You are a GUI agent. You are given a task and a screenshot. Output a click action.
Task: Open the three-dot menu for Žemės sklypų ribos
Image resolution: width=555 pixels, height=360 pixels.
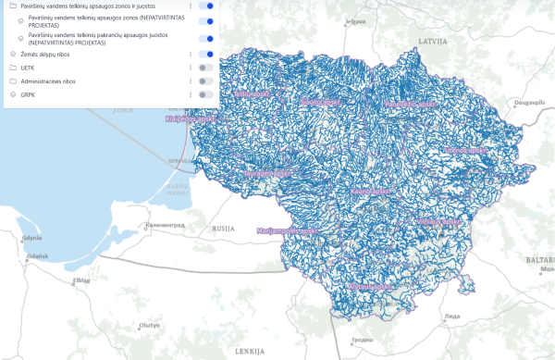click(x=191, y=55)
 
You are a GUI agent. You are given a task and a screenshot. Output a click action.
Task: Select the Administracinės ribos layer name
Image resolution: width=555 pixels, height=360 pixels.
click(x=48, y=81)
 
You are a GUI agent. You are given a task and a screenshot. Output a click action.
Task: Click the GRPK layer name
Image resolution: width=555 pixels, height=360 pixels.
click(x=30, y=94)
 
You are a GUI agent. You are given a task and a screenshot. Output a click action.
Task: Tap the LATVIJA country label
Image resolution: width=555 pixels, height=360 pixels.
click(x=432, y=43)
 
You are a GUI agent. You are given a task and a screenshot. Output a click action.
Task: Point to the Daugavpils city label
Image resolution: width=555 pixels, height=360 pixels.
click(x=528, y=94)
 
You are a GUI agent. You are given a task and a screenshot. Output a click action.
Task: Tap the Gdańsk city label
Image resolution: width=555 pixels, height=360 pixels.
click(x=37, y=255)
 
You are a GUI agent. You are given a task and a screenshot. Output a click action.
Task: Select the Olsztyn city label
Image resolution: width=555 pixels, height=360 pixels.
click(x=148, y=325)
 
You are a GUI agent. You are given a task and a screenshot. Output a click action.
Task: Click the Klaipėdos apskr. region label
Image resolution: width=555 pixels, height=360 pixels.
click(x=191, y=118)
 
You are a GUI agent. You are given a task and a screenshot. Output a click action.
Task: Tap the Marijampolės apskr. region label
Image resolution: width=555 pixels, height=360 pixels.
click(x=287, y=230)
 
